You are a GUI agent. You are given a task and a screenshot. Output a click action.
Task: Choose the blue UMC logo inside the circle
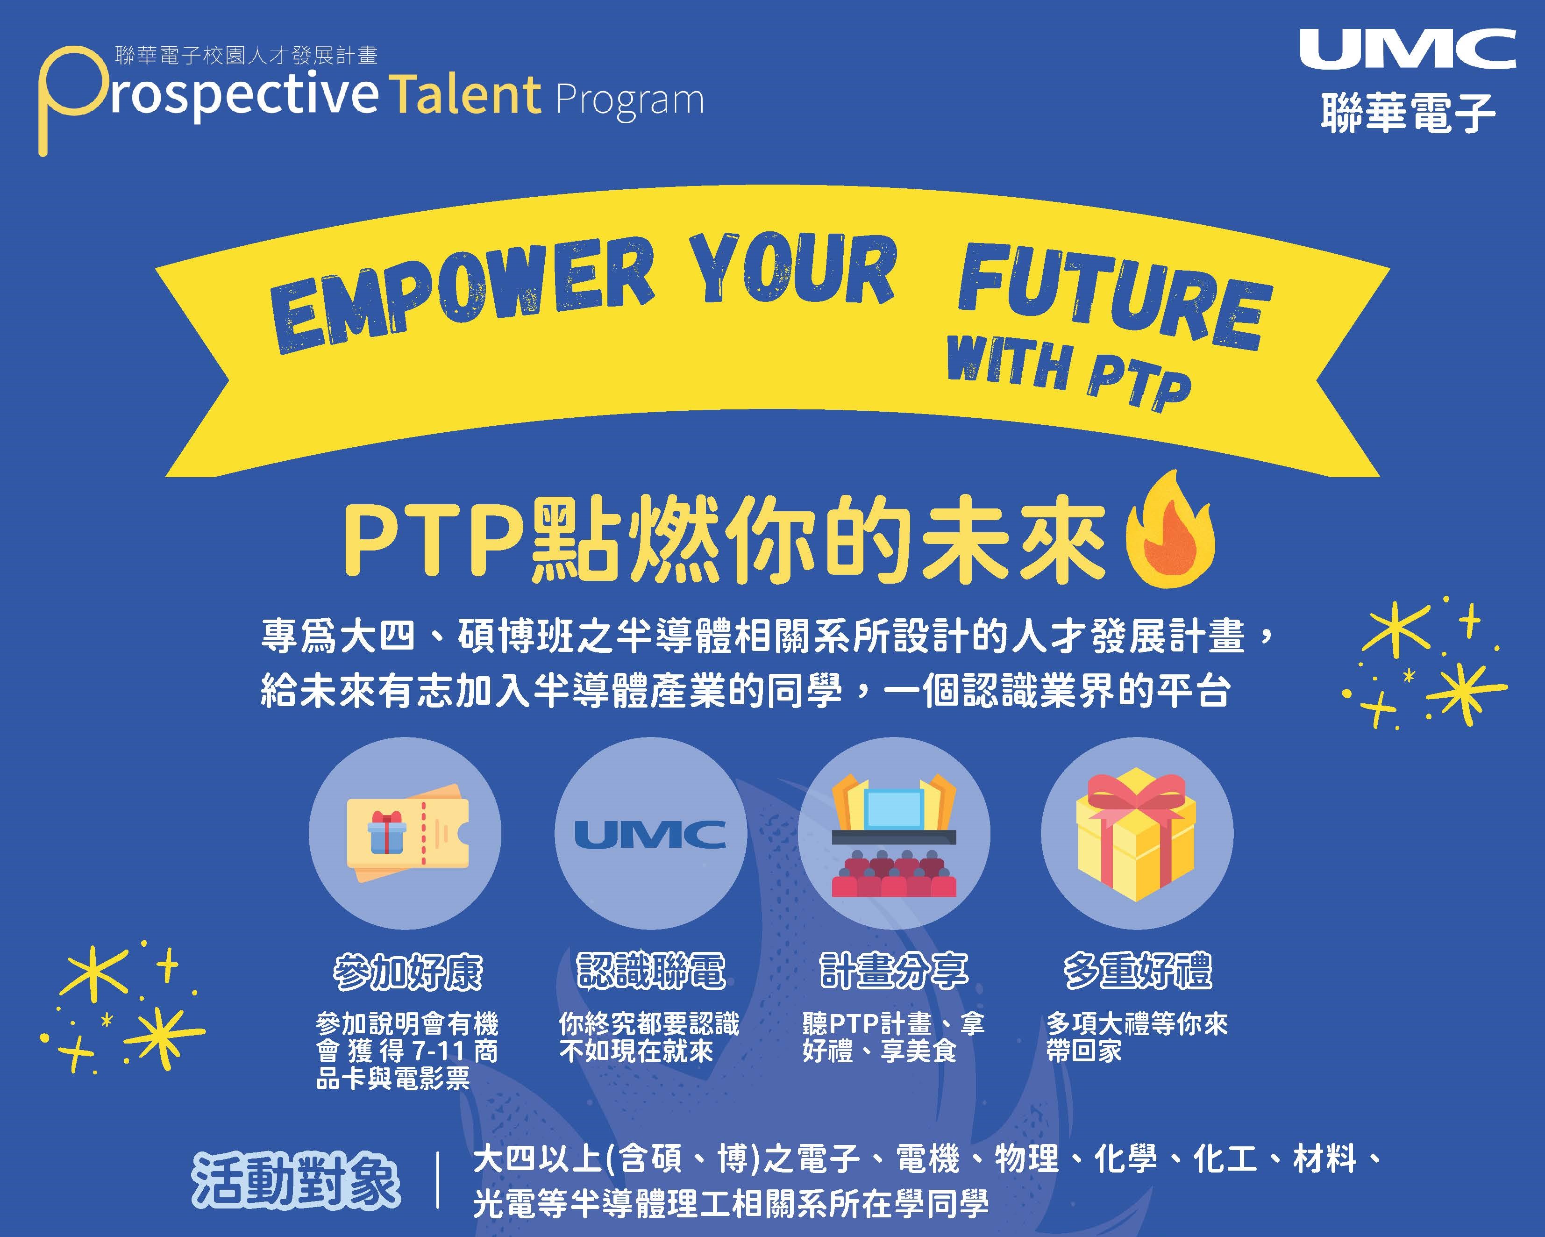(650, 834)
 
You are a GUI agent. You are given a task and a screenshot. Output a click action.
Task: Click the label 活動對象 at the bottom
(296, 1180)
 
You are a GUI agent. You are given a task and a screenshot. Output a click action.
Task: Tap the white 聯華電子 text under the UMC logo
(1408, 113)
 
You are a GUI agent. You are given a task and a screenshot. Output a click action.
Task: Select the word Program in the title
(629, 100)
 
